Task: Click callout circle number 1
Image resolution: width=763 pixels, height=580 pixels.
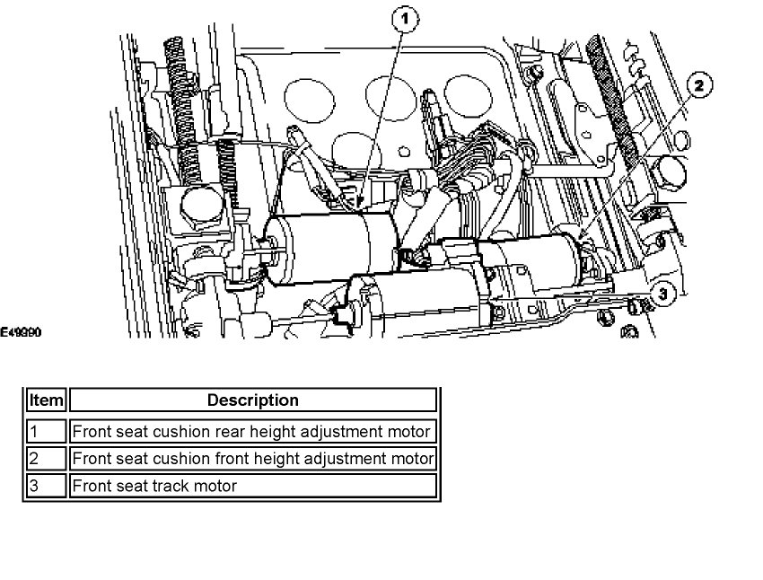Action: click(405, 18)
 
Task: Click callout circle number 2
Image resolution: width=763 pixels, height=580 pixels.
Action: click(699, 86)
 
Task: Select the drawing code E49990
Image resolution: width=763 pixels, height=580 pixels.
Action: click(21, 332)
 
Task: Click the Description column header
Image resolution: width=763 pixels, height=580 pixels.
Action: click(252, 400)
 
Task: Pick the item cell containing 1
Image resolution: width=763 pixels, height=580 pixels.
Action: click(45, 431)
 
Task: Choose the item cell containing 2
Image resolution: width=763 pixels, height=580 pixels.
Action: click(45, 459)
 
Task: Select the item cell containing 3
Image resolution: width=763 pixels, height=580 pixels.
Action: click(45, 486)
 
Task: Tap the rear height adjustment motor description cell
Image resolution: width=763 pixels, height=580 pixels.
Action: click(252, 431)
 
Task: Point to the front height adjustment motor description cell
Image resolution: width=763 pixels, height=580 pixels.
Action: click(252, 459)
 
